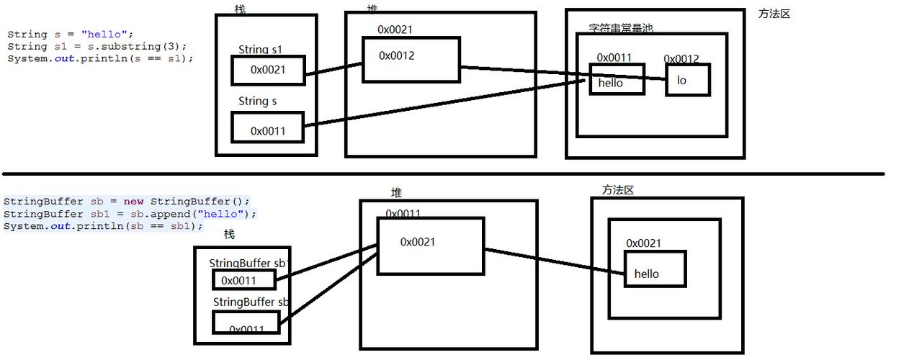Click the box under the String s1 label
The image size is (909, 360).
pos(268,70)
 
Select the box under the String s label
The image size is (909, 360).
pos(268,127)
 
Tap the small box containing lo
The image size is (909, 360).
pos(687,80)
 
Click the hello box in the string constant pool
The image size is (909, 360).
pos(617,78)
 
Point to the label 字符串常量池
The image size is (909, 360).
pos(620,29)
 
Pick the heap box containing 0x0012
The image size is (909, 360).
pos(411,59)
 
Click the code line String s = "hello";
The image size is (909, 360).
pos(71,34)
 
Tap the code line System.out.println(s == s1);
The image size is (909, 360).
pos(100,58)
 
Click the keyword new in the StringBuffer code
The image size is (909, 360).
pos(134,202)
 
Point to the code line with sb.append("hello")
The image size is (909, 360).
pos(130,214)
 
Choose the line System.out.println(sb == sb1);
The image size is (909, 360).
pos(103,226)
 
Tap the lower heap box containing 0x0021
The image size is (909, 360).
pos(430,246)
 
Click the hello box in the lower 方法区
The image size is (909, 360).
pos(655,269)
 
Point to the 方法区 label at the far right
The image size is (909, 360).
pos(774,14)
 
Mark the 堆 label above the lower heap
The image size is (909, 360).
pos(396,193)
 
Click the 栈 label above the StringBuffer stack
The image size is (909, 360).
pos(229,234)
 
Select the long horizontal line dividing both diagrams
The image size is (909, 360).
pos(442,174)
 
